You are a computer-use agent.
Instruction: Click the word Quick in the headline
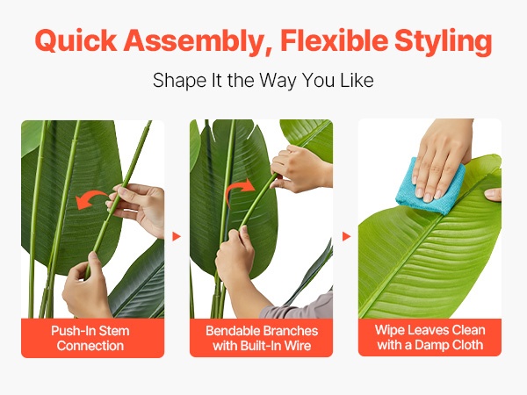[76, 40]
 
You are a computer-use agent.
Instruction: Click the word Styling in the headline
[444, 41]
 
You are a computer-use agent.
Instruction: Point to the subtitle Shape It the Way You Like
[263, 80]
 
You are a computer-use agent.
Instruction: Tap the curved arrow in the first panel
[90, 198]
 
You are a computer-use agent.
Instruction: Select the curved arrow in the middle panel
[239, 190]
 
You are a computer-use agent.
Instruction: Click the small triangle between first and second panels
[177, 236]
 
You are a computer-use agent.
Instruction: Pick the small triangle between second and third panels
[347, 236]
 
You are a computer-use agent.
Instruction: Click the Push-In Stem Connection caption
[90, 338]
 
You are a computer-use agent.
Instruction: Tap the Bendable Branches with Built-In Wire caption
[262, 338]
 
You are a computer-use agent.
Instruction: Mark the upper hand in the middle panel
[300, 169]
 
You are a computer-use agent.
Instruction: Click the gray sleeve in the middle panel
[300, 306]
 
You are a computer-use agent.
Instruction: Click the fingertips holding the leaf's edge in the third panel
[493, 195]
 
